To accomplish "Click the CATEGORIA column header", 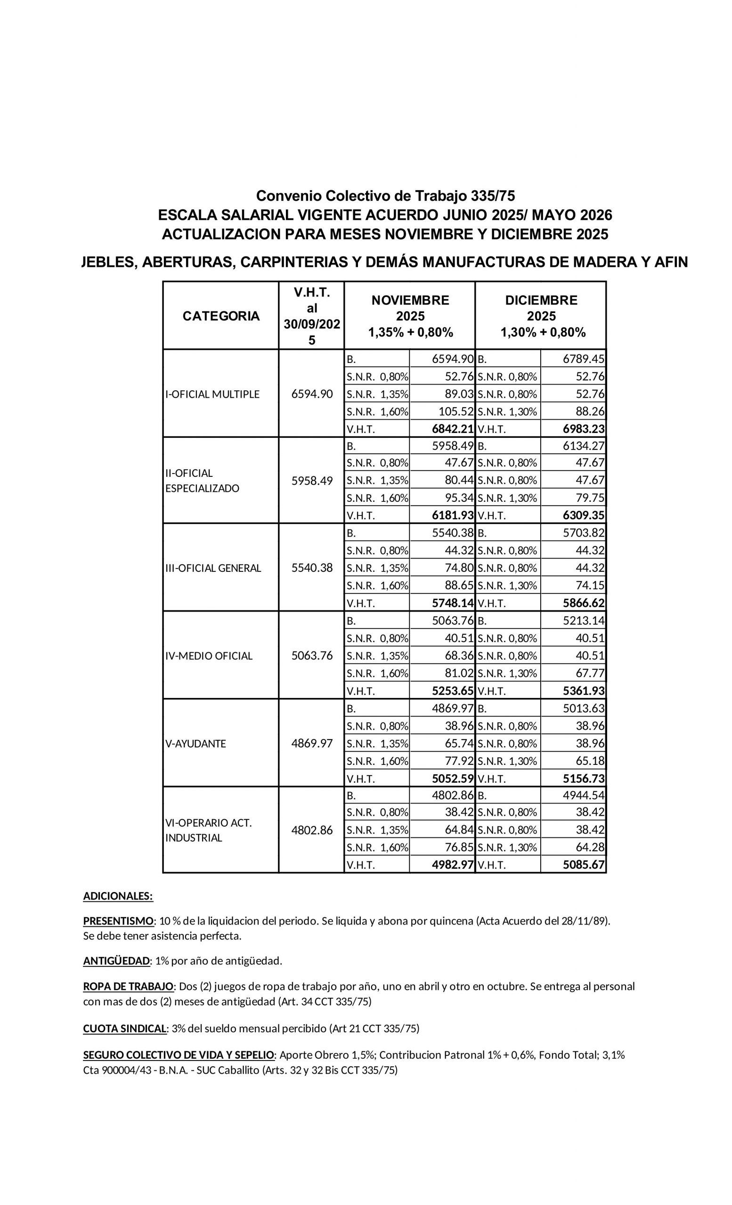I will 220,316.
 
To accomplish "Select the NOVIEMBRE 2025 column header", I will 410,316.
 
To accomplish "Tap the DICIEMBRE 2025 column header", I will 541,316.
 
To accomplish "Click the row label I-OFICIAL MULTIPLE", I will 212,394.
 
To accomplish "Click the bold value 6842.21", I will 453,429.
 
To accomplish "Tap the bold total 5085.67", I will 584,865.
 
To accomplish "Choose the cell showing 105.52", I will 456,412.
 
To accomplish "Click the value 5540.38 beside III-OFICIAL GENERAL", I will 312,568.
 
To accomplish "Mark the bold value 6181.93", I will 453,515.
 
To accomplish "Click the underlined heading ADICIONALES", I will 118,896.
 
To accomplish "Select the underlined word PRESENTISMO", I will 118,921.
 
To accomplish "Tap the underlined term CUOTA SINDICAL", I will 125,1028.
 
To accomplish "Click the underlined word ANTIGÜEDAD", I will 116,961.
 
